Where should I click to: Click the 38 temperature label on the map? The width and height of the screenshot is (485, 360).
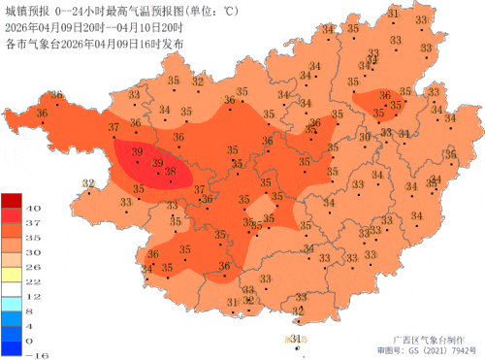click(x=171, y=172)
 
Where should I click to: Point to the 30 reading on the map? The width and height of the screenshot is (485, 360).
click(x=365, y=137)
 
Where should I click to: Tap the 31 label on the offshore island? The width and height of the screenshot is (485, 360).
click(x=296, y=338)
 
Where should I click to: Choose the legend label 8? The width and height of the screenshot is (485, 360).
click(x=31, y=311)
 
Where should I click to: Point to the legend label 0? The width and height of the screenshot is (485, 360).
click(x=31, y=341)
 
